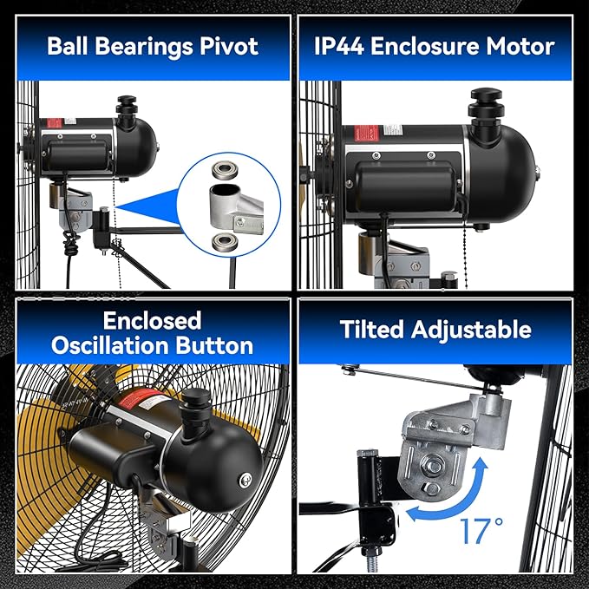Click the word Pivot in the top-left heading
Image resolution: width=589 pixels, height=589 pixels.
[x=229, y=46]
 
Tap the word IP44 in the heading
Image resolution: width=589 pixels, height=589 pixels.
[x=339, y=46]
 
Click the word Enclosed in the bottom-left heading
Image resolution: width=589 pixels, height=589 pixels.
[x=152, y=321]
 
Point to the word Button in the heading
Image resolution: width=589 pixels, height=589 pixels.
[x=214, y=345]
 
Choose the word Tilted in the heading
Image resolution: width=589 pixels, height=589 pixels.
[x=371, y=330]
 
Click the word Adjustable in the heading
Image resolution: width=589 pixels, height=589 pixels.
[x=471, y=330]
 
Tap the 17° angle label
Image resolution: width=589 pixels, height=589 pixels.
[x=481, y=531]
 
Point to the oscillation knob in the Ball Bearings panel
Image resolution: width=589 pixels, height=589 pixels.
[x=127, y=107]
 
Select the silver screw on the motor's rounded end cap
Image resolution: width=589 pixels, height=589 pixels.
[x=245, y=480]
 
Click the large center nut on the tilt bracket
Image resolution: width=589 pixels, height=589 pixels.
[x=434, y=466]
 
